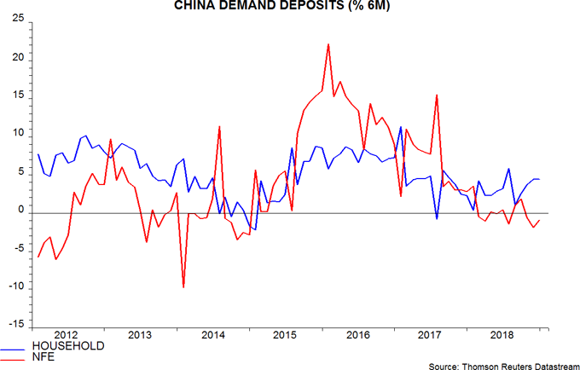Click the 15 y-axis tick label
click(x=16, y=97)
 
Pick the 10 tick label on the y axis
click(x=16, y=135)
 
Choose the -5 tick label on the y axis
click(x=17, y=250)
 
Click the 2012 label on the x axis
click(x=66, y=334)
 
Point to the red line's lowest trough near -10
click(x=183, y=288)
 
